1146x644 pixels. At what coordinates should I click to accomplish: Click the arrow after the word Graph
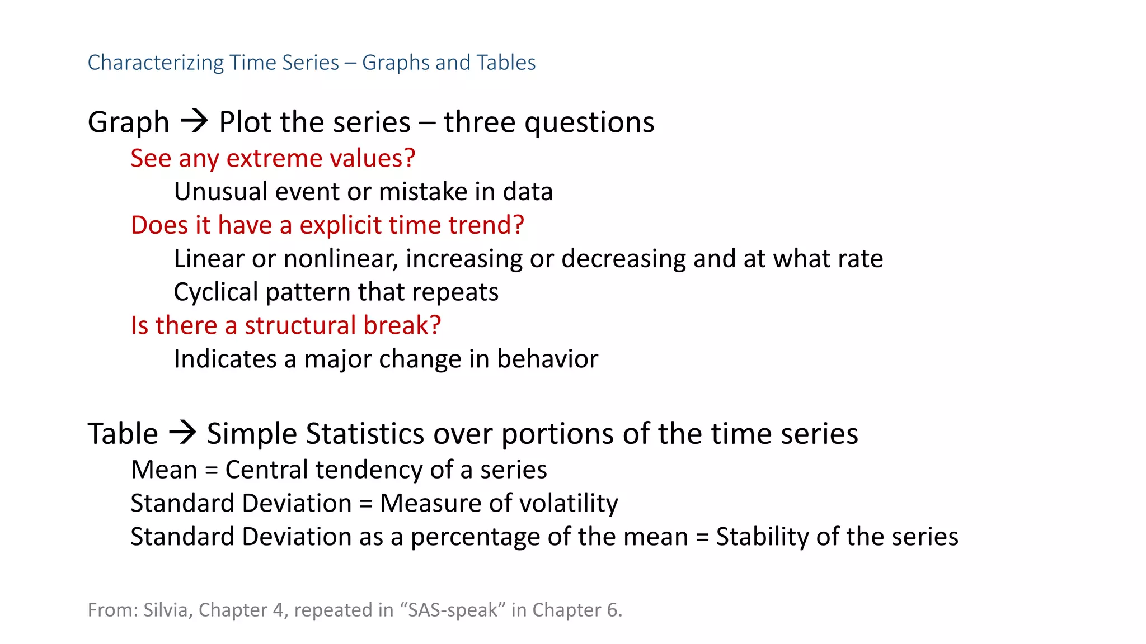[x=194, y=121]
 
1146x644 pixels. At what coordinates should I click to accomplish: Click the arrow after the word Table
[x=182, y=433]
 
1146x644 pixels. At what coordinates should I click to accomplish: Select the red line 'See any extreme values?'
[x=273, y=158]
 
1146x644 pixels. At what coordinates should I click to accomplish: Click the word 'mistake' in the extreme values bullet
[x=423, y=192]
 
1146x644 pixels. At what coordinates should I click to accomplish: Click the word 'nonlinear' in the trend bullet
[x=341, y=259]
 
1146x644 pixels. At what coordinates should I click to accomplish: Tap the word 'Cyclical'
[x=215, y=292]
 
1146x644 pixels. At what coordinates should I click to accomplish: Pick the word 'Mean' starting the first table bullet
[x=164, y=470]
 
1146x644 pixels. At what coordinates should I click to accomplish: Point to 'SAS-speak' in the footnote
[x=452, y=610]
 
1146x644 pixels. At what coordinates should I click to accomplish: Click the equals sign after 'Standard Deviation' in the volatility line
[x=366, y=504]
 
